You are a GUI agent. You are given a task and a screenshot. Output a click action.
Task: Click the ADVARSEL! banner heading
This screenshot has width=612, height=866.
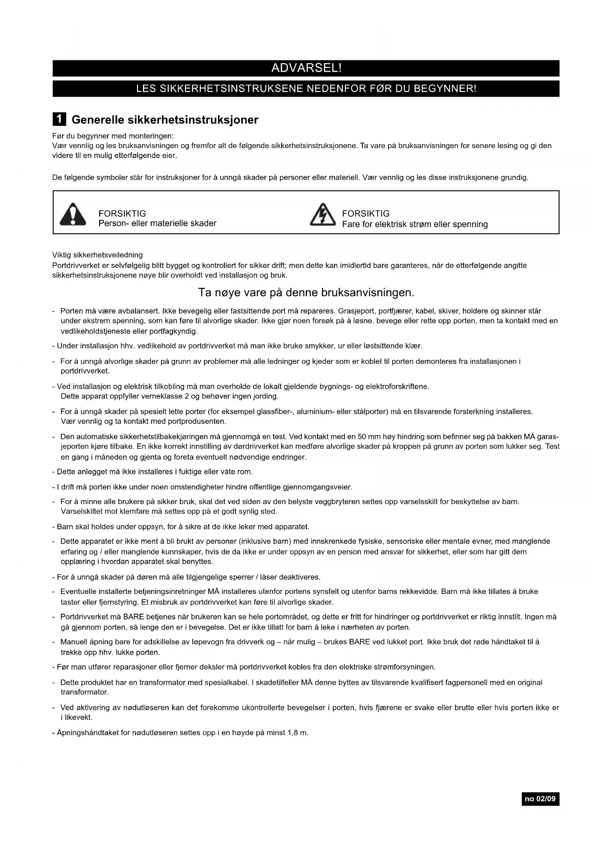(x=306, y=68)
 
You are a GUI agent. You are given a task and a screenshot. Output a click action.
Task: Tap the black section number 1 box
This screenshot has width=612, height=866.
(x=59, y=119)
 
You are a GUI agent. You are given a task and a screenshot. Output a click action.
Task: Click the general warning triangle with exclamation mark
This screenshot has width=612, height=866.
(x=72, y=214)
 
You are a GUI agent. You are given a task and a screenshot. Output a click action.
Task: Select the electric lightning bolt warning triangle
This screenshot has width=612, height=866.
(x=323, y=214)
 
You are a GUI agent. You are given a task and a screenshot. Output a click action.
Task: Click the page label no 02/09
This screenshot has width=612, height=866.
(x=540, y=799)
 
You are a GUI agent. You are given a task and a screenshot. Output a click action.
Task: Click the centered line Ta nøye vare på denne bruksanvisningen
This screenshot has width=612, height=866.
(x=306, y=292)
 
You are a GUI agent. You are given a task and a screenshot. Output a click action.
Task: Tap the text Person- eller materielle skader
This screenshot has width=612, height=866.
(x=157, y=223)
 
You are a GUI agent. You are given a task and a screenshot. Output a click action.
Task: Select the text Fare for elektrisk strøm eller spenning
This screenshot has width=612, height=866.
(x=415, y=224)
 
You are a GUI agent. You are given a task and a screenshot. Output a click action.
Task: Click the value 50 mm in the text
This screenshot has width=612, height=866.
(x=368, y=436)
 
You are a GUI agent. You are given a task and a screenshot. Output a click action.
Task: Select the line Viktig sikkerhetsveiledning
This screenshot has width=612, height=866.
(x=98, y=255)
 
